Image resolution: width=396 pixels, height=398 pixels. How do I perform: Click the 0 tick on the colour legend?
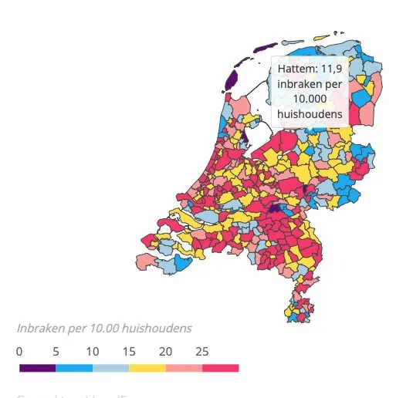click(x=19, y=350)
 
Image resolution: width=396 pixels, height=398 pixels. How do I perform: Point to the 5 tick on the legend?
click(x=56, y=350)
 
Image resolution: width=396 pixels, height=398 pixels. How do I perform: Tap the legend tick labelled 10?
click(x=92, y=350)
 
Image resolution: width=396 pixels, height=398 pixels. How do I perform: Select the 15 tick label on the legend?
click(x=128, y=350)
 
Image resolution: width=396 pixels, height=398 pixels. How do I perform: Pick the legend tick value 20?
click(x=165, y=350)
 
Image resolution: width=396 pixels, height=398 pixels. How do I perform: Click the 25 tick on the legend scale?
click(x=201, y=350)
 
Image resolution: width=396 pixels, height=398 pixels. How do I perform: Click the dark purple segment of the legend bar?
click(x=37, y=368)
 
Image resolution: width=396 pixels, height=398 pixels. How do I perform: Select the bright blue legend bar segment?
click(x=73, y=368)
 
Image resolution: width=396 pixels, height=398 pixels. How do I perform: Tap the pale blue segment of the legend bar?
click(x=110, y=368)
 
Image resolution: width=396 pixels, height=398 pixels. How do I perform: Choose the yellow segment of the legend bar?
click(x=147, y=368)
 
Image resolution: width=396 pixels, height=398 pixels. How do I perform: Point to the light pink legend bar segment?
click(x=184, y=368)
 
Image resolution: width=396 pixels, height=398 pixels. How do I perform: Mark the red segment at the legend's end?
click(x=221, y=368)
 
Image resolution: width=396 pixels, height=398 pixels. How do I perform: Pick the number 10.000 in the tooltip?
click(x=310, y=99)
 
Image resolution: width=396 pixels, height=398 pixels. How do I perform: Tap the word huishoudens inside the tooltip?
click(x=310, y=114)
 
